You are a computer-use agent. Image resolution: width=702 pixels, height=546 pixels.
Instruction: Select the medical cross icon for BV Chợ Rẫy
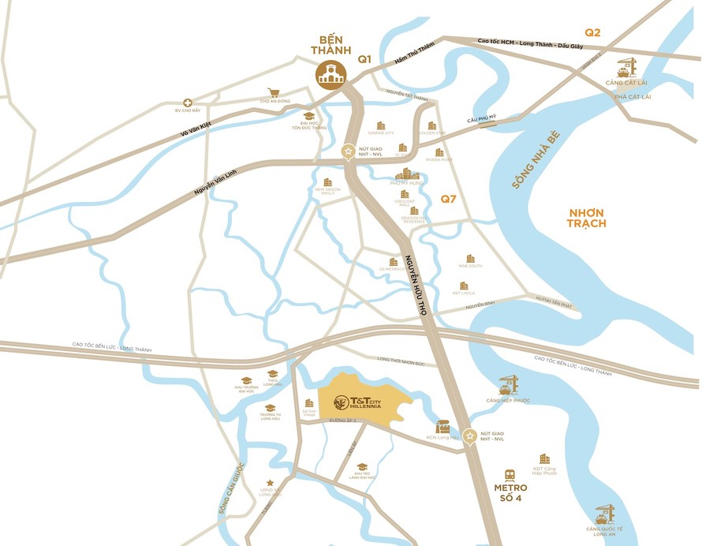[188, 103]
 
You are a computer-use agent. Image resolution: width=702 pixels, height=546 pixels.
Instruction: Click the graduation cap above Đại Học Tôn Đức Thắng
[309, 115]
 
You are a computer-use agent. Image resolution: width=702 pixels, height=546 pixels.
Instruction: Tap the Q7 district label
[448, 200]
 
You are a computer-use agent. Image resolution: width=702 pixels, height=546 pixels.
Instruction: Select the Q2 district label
[592, 32]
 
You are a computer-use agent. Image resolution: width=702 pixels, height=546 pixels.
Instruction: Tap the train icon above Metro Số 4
[510, 476]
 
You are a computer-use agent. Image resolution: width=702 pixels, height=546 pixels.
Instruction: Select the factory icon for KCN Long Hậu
[442, 426]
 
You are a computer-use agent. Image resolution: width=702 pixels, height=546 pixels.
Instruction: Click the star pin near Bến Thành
[347, 151]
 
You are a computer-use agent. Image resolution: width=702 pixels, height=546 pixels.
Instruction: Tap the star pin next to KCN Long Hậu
[471, 436]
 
